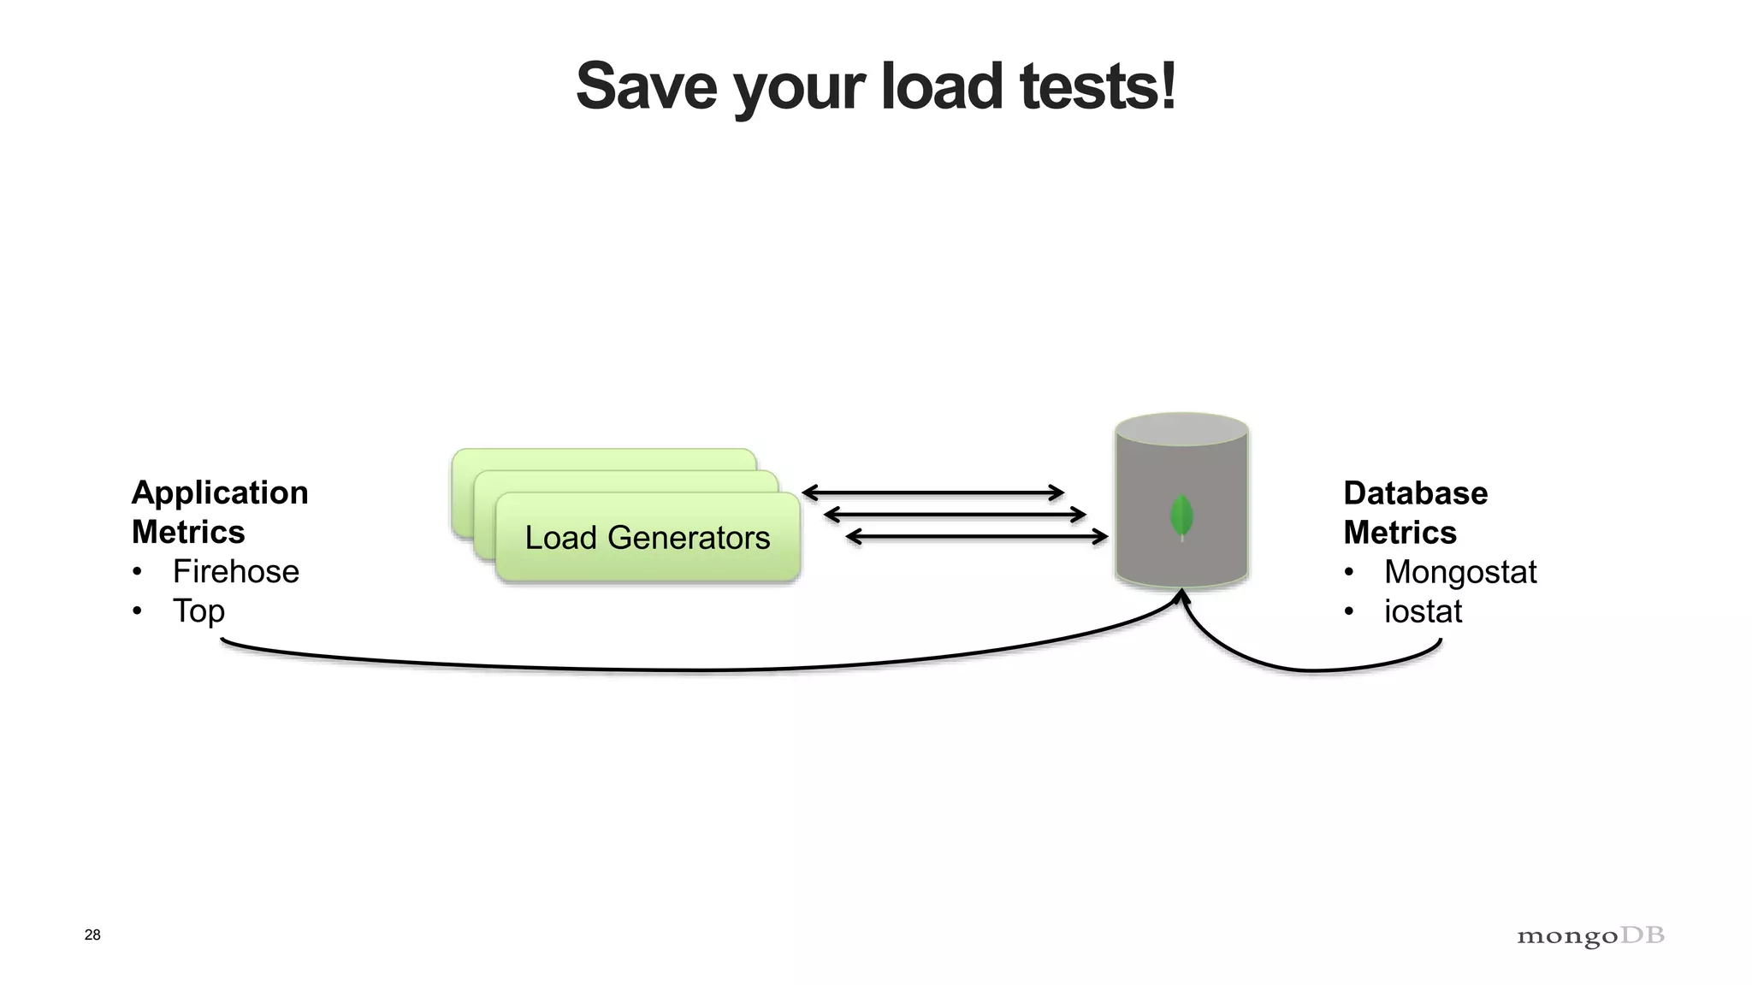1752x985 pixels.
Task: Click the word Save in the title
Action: (647, 87)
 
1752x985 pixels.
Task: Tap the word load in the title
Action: (941, 87)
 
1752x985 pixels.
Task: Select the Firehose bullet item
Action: (235, 571)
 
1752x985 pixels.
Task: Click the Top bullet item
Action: (198, 610)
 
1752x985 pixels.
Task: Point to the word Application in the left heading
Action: (220, 492)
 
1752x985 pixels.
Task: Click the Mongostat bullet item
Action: (1459, 571)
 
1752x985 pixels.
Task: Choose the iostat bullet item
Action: (1423, 611)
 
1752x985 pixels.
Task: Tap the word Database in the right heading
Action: (1415, 493)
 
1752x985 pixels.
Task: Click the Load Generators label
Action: (648, 538)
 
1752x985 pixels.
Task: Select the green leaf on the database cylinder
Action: (1181, 516)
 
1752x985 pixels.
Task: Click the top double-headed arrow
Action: (932, 492)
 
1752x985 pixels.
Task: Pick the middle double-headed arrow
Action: (955, 515)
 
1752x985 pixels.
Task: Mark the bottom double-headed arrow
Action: (977, 537)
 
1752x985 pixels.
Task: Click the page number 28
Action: (92, 935)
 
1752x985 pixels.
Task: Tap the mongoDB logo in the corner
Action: (1590, 936)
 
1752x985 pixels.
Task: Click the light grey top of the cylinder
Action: (1181, 428)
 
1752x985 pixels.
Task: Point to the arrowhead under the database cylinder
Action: (1181, 596)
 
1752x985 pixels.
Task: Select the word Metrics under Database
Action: (1400, 533)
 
